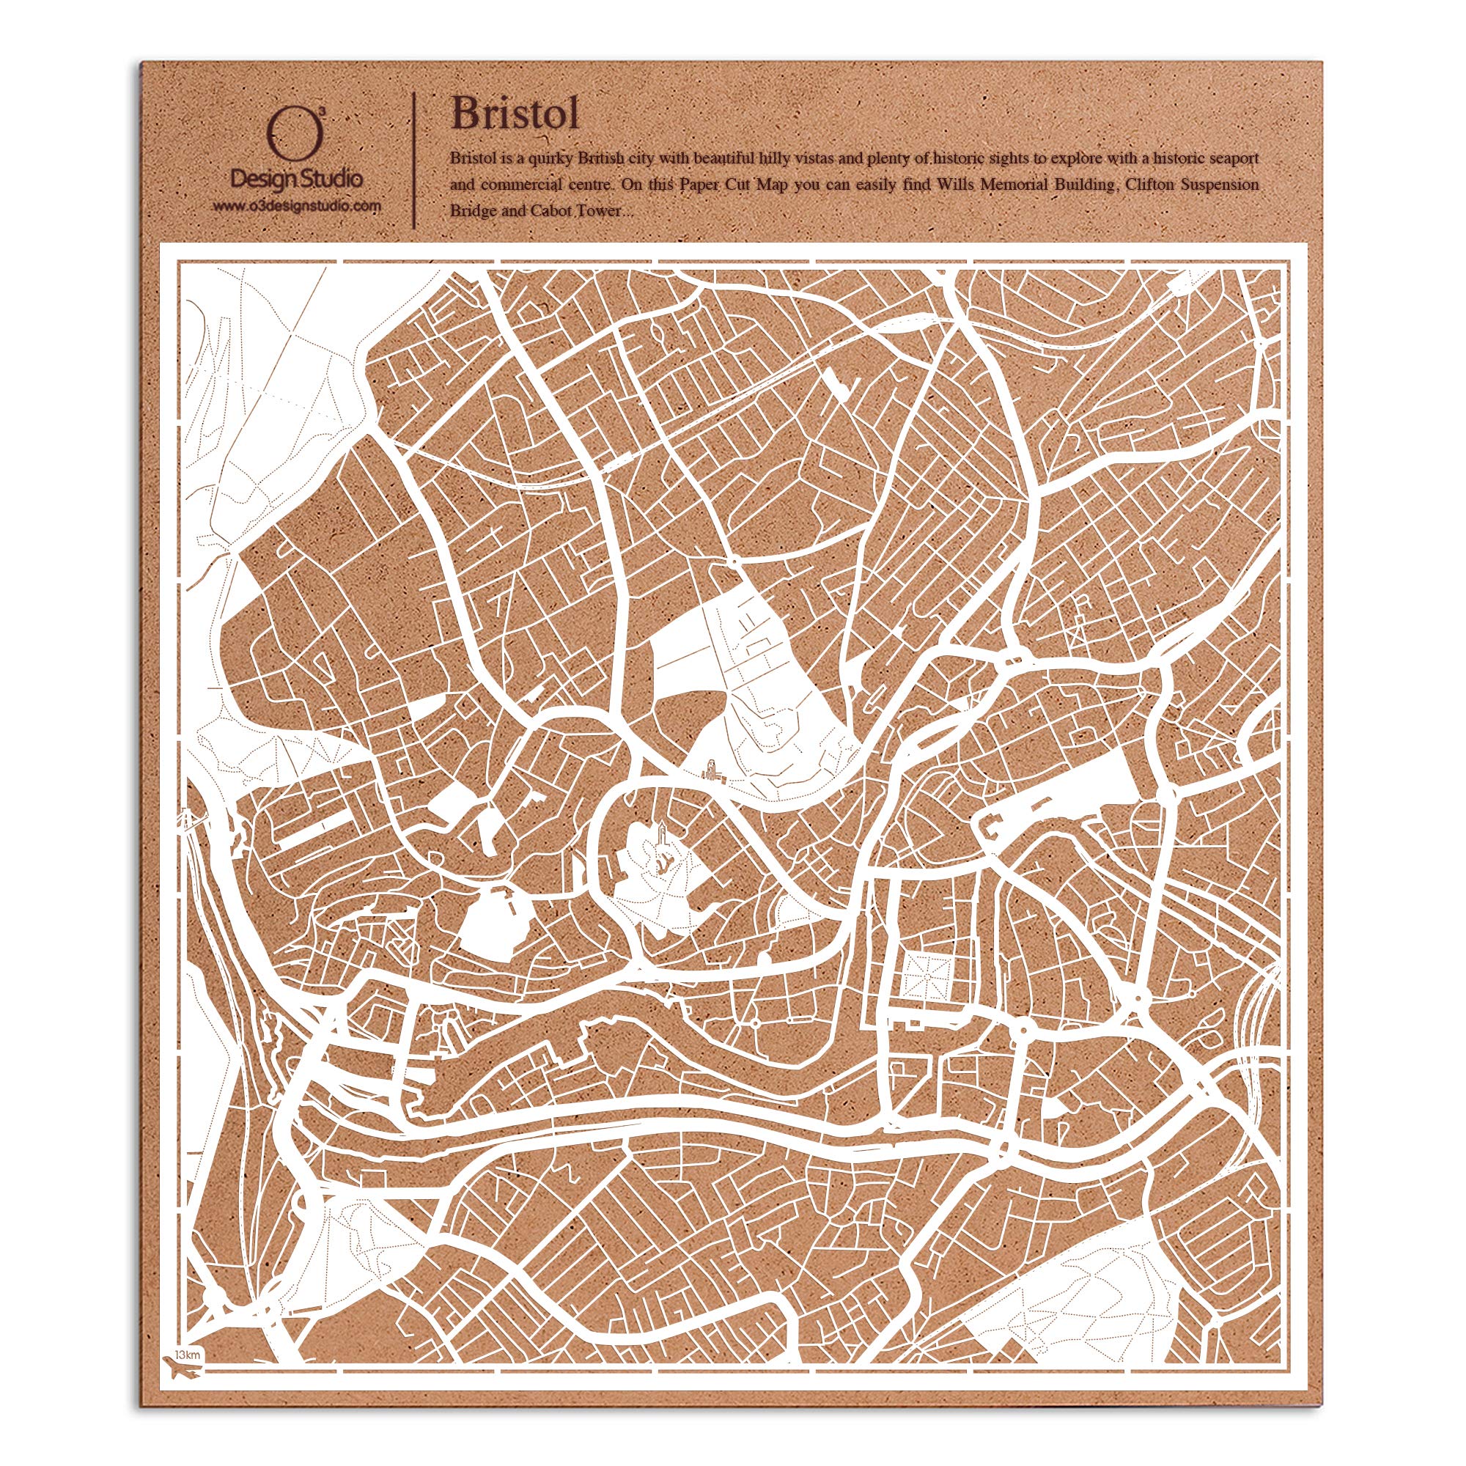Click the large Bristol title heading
coord(515,114)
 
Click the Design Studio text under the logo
coord(296,179)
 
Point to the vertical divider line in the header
coord(413,159)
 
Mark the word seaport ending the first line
coord(1231,158)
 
